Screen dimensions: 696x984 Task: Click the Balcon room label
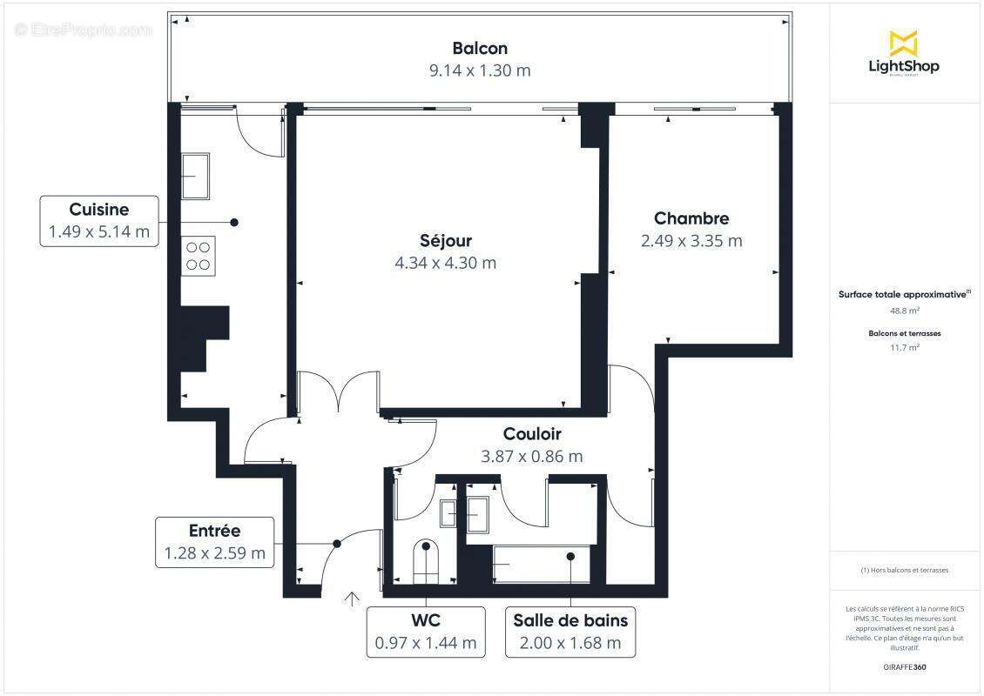pos(479,49)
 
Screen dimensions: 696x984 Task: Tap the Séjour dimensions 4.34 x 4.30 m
pos(445,263)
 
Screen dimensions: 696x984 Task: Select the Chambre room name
pos(691,218)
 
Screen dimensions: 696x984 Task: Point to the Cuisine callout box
pos(99,221)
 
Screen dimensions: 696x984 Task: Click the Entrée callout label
pos(214,542)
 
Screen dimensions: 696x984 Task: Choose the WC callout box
pos(426,632)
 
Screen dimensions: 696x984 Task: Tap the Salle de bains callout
pos(570,632)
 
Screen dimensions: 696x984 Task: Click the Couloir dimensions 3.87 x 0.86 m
pos(531,456)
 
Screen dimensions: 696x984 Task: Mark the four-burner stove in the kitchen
pos(199,256)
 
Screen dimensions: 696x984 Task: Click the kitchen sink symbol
pos(195,176)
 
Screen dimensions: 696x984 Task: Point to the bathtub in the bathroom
pos(540,565)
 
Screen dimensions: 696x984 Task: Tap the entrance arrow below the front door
pos(352,599)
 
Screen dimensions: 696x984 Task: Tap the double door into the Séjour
pos(339,391)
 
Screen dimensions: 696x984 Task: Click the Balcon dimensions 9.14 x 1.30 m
pos(479,71)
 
